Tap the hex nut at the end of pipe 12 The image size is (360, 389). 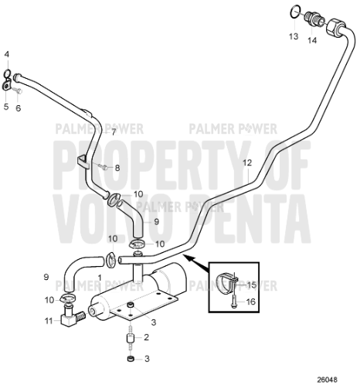click(335, 27)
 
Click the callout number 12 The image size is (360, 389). click(247, 163)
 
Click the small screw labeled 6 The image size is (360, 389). click(18, 90)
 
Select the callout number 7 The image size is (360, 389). click(114, 132)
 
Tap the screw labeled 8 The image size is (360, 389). click(104, 168)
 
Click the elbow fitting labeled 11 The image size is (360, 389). click(70, 316)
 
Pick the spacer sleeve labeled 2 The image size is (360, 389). click(131, 338)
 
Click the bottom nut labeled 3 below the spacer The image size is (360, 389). click(131, 359)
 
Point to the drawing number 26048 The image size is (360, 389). click(327, 380)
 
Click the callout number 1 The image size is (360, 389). click(100, 278)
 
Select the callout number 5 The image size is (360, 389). click(6, 107)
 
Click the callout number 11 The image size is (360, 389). click(49, 321)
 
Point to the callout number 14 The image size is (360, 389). click(312, 40)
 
